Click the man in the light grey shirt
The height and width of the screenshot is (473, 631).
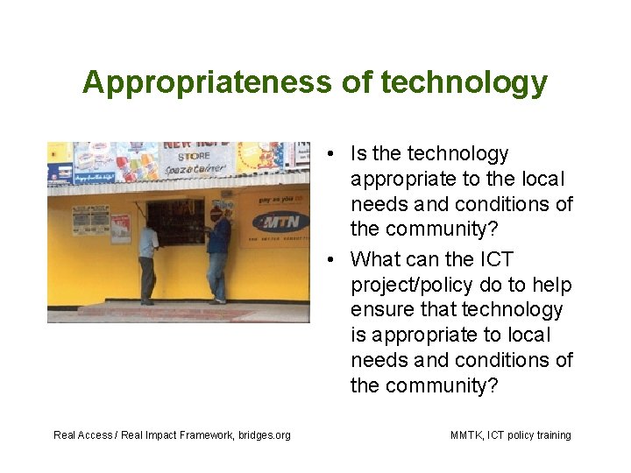148,259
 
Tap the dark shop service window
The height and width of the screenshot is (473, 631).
175,222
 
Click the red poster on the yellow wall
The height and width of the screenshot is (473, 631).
120,227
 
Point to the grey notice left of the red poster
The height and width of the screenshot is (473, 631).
90,219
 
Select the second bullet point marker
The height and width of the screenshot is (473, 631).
327,260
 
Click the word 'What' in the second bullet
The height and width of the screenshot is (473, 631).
374,259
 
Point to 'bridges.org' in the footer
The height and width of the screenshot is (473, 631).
265,435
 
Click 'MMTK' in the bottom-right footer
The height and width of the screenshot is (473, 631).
465,435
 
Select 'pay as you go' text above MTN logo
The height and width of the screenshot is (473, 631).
274,201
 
